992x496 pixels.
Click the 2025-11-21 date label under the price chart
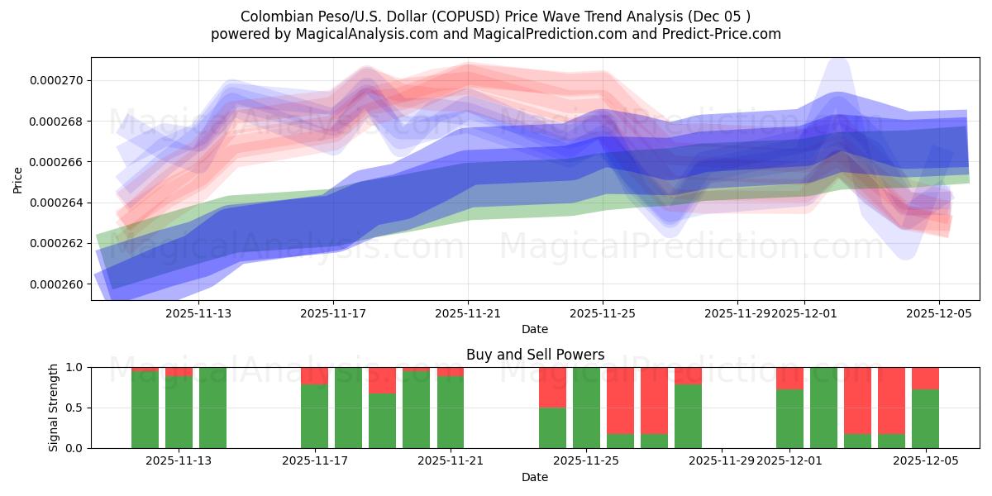[468, 313]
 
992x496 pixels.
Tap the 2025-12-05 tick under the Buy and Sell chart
[925, 461]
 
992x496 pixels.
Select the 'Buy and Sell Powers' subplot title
[535, 355]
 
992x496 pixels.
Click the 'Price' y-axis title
[18, 179]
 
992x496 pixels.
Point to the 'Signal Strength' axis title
[55, 408]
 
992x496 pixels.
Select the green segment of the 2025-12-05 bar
[925, 418]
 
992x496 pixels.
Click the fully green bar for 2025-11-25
[586, 408]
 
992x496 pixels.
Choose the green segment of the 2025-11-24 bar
[552, 427]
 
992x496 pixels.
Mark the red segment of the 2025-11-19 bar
[382, 380]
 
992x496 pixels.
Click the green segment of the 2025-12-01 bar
[789, 418]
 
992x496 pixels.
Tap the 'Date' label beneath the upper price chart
[535, 329]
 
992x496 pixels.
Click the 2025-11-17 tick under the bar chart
[315, 461]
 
